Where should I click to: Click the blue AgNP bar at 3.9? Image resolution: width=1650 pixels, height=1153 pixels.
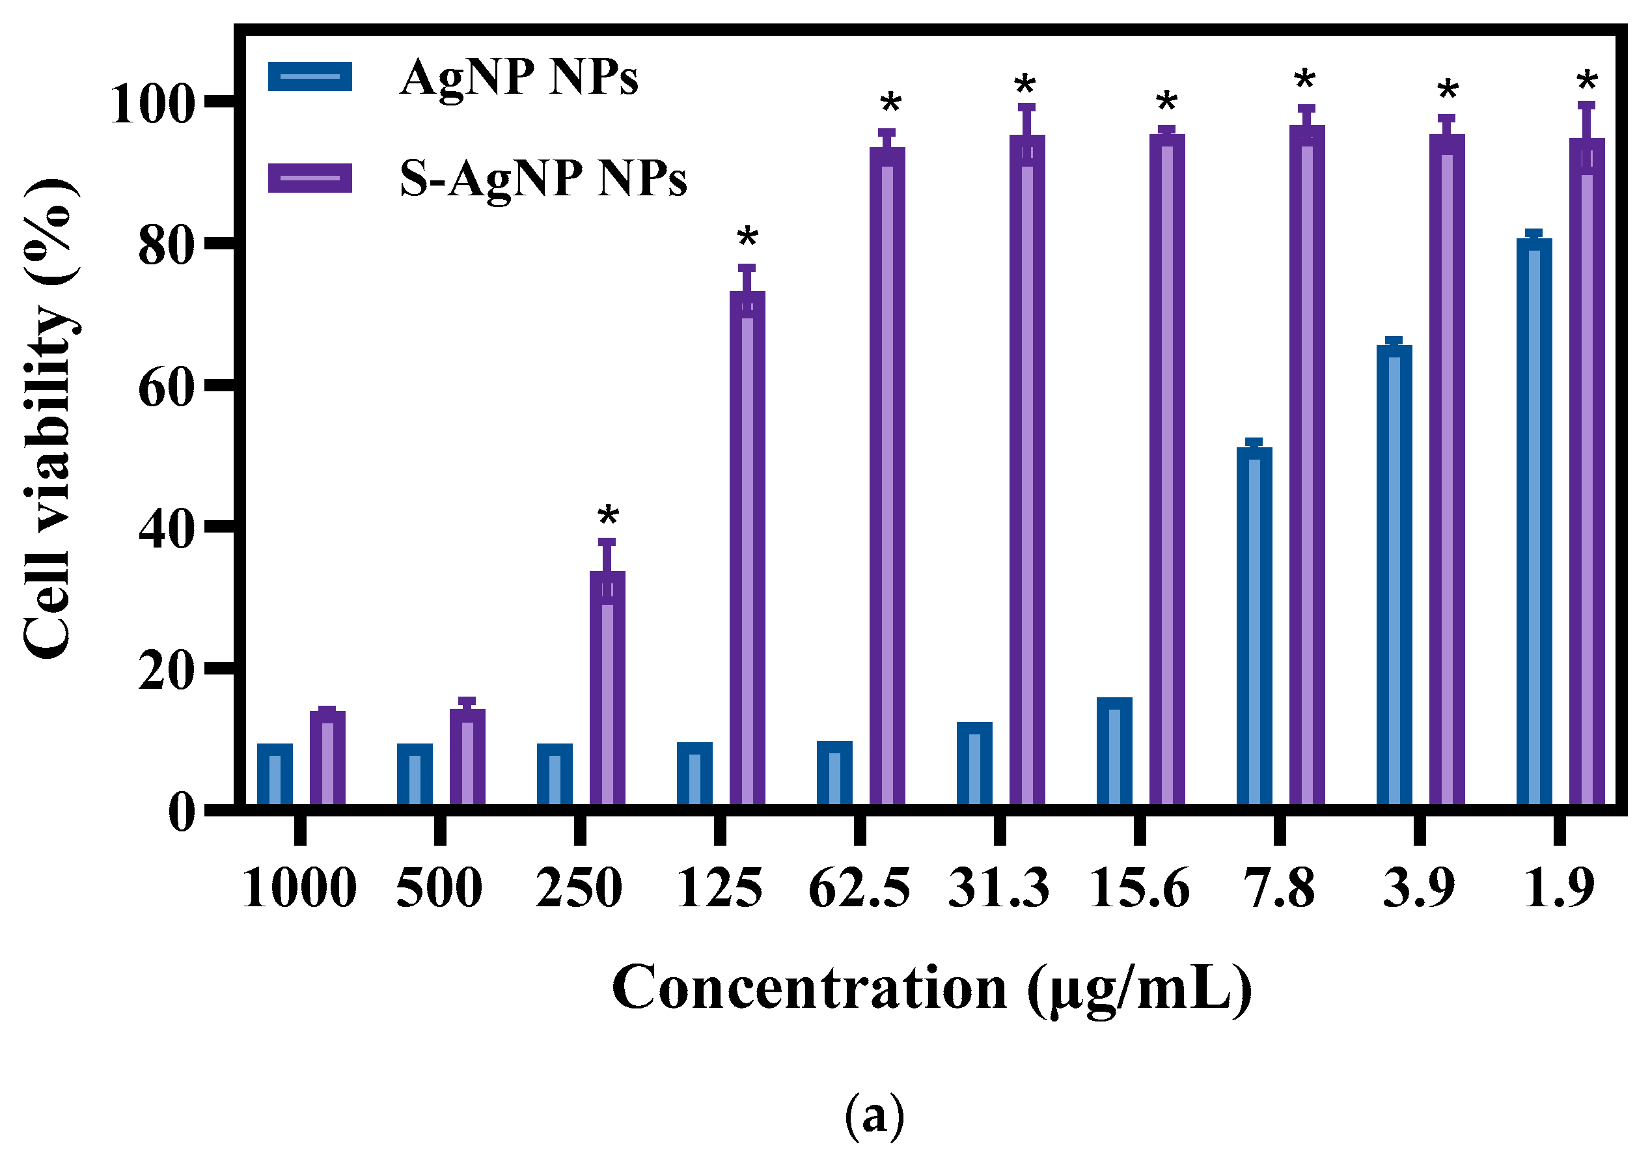click(x=1394, y=576)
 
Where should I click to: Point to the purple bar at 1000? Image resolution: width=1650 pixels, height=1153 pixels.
click(x=327, y=758)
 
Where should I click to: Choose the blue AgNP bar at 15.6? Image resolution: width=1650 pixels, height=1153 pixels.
click(x=1114, y=752)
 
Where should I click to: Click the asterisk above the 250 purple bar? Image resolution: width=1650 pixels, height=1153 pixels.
click(x=608, y=516)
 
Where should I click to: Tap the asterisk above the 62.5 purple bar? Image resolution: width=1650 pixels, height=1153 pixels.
click(x=890, y=104)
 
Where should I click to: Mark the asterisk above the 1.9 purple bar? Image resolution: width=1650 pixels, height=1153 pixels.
click(x=1587, y=82)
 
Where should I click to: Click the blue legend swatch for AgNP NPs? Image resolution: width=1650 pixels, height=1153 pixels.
click(x=310, y=76)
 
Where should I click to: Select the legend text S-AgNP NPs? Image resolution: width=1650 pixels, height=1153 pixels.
click(x=543, y=178)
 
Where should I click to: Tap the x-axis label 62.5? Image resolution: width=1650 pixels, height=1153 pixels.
click(x=859, y=889)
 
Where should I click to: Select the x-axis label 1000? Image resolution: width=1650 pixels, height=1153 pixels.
click(x=299, y=889)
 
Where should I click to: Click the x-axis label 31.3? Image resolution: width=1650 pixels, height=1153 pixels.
click(x=999, y=889)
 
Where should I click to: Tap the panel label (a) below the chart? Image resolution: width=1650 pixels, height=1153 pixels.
click(x=874, y=1117)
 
